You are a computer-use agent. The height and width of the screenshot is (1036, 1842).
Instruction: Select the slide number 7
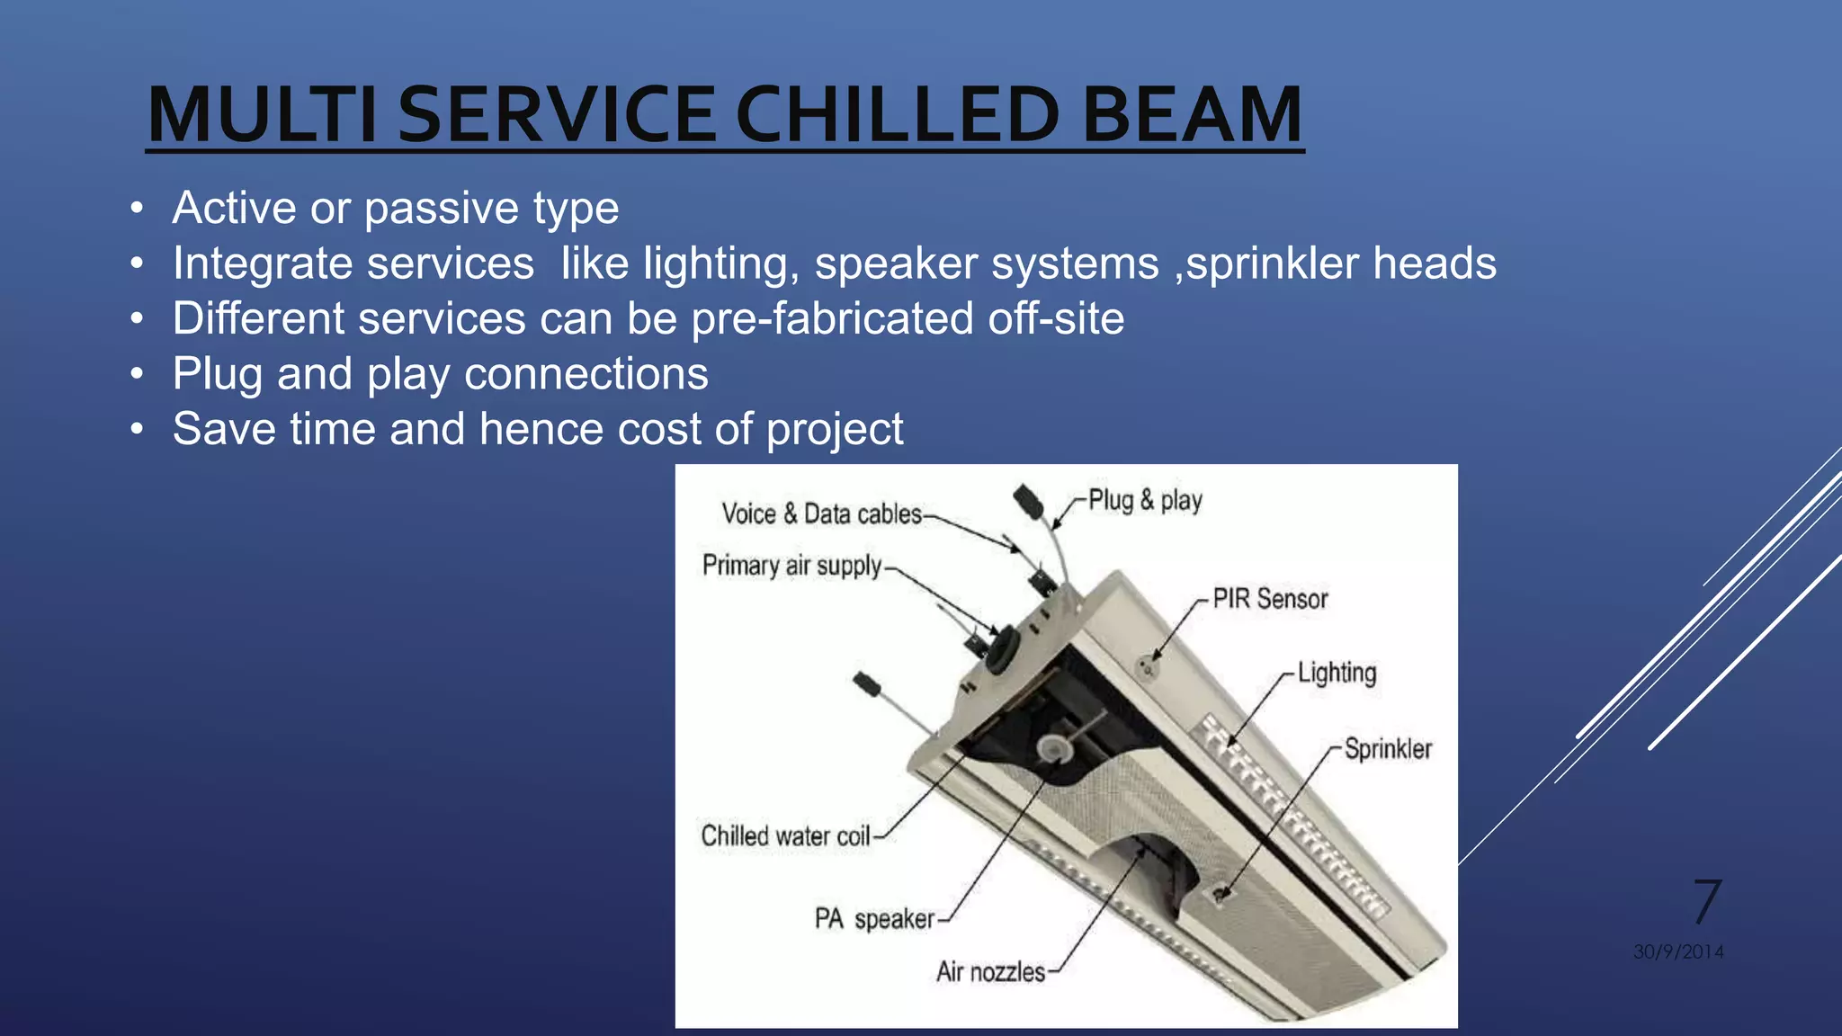(1706, 902)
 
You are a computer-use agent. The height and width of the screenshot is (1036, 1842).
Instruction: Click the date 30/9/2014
(1678, 951)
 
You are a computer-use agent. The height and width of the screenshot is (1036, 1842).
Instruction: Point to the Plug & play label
(1145, 500)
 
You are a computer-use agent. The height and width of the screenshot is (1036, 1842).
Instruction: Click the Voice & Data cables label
(821, 514)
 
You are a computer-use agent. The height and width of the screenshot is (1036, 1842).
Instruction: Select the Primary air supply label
(791, 566)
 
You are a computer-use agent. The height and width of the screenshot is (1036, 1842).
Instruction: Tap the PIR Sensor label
(1270, 599)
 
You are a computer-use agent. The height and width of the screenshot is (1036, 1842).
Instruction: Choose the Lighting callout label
(1337, 673)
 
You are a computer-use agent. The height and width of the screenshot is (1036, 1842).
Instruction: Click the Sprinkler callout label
(1388, 749)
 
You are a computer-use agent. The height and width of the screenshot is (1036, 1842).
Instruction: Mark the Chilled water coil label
(785, 836)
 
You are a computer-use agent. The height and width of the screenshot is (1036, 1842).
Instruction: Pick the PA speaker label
(874, 919)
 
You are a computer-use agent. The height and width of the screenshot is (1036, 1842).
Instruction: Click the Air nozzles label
(990, 972)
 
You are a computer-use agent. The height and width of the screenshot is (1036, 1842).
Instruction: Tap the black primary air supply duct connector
(1002, 647)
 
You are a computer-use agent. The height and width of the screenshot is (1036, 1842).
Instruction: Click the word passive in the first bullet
(441, 208)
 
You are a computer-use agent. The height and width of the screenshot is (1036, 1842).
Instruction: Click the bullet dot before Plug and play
(136, 374)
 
